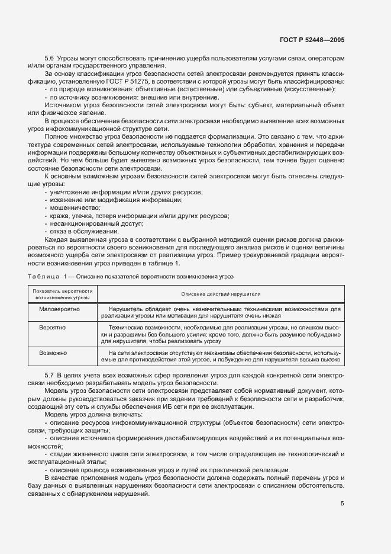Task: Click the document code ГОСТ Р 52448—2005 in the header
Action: click(311, 40)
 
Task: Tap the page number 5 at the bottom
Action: click(342, 504)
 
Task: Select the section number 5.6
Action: click(49, 59)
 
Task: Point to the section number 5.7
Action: click(49, 376)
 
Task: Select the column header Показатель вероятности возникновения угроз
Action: click(63, 294)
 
